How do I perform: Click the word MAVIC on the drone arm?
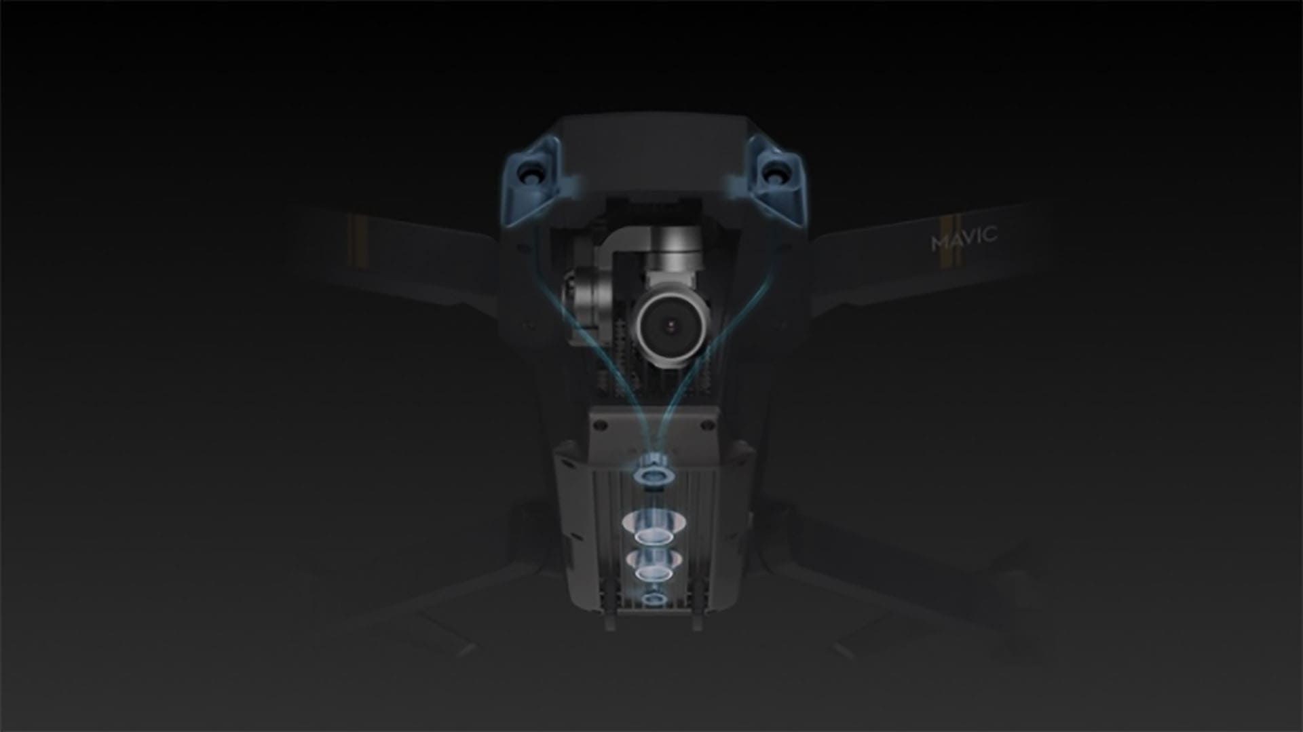[964, 237]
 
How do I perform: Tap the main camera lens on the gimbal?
[673, 326]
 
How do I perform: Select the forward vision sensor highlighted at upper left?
[532, 172]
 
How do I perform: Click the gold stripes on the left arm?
[352, 244]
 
